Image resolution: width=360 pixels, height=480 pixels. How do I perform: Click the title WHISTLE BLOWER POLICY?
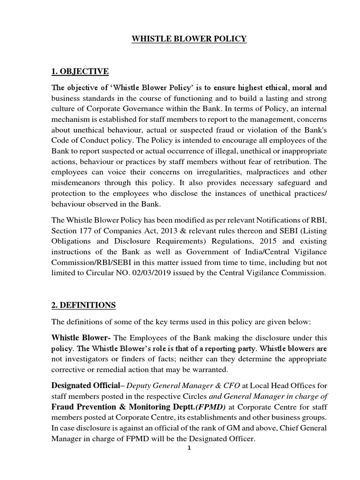tap(188, 39)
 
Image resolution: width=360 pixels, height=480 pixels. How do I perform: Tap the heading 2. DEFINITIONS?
tap(83, 305)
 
